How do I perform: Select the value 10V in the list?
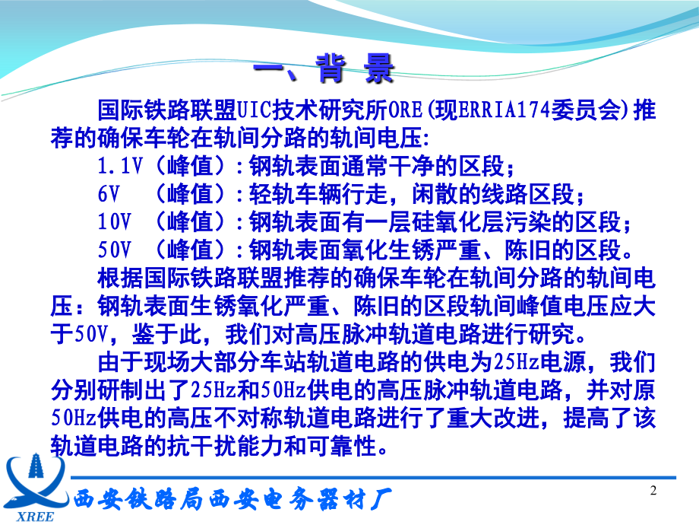pos(115,221)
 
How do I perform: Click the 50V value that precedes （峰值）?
pos(115,249)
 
